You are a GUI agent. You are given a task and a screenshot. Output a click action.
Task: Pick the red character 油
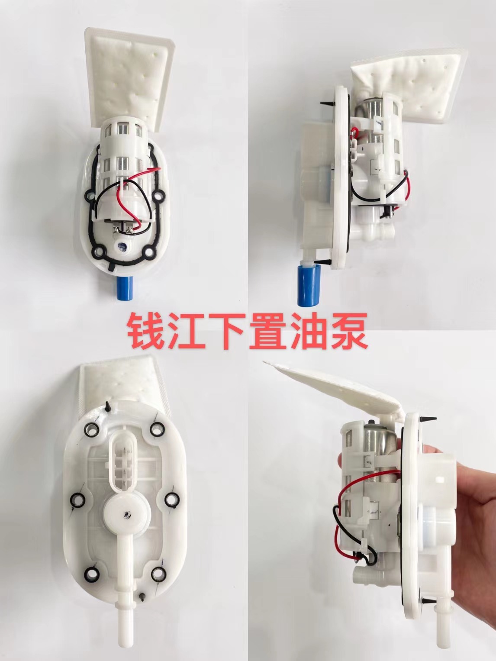pyautogui.click(x=310, y=332)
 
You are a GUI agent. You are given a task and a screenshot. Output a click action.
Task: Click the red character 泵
pyautogui.click(x=349, y=332)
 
